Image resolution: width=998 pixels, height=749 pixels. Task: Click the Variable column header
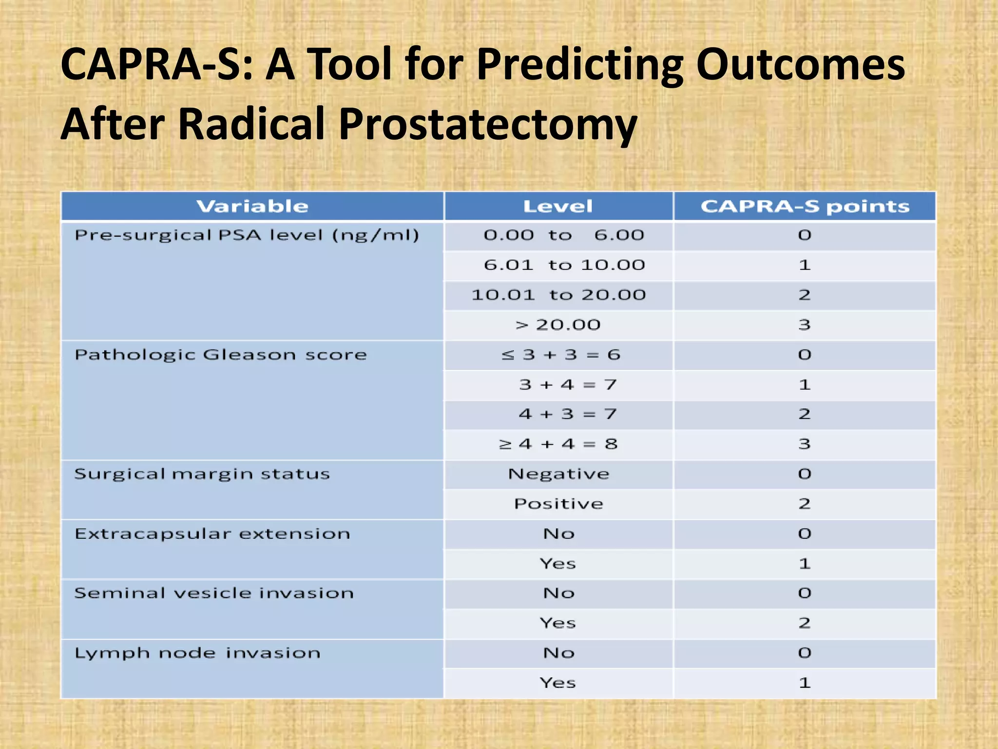(x=252, y=206)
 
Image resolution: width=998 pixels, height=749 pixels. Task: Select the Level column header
(x=558, y=206)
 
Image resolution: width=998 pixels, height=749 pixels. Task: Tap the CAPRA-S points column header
(x=805, y=206)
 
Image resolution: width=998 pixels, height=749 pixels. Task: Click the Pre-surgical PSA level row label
(x=247, y=236)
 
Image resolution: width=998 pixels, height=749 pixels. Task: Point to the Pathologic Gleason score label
(x=220, y=355)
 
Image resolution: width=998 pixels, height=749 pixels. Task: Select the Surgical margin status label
(x=202, y=474)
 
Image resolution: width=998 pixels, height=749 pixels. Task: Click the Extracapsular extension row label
(x=212, y=534)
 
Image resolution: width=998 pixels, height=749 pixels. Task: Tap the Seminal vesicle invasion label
(x=214, y=593)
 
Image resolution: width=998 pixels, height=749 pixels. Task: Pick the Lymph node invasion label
(x=197, y=653)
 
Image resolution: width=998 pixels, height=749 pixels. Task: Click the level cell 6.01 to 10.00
(x=564, y=265)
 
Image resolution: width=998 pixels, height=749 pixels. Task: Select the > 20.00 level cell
(x=558, y=325)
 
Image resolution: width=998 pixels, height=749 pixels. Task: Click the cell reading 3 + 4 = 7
(x=568, y=385)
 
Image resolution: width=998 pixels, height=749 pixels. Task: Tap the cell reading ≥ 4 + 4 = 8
(x=558, y=444)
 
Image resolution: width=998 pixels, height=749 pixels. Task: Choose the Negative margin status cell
(x=558, y=474)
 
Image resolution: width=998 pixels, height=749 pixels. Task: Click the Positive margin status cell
(x=558, y=504)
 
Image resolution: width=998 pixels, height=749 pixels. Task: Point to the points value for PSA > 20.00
(x=805, y=325)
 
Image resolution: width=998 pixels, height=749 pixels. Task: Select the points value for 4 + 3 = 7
(x=805, y=414)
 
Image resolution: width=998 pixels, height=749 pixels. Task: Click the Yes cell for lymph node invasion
(x=558, y=683)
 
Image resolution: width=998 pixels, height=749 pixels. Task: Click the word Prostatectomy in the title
(x=487, y=124)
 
